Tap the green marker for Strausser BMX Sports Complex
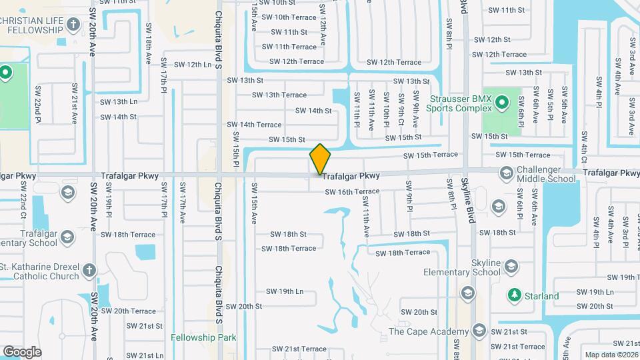503,103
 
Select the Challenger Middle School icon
506,174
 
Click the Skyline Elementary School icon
511,267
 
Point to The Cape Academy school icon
479,331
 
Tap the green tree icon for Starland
514,295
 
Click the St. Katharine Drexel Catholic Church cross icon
90,271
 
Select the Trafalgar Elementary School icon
67,193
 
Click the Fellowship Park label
203,338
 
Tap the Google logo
22,351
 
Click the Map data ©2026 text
611,355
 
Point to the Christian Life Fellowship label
40,25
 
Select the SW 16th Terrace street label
352,192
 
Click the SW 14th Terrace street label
254,125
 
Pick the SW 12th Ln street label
193,65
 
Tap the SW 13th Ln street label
119,102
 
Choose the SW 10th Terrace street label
289,17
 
